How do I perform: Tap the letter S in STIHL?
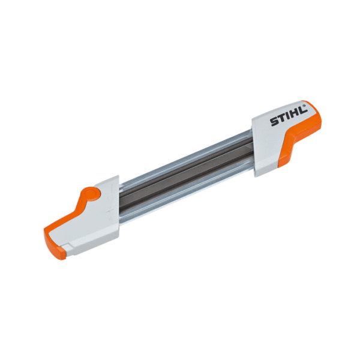(x=274, y=124)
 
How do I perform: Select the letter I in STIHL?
(x=287, y=118)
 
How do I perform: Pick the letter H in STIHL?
(x=293, y=115)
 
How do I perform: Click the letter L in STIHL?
(x=300, y=112)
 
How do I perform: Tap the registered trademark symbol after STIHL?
(x=305, y=107)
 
